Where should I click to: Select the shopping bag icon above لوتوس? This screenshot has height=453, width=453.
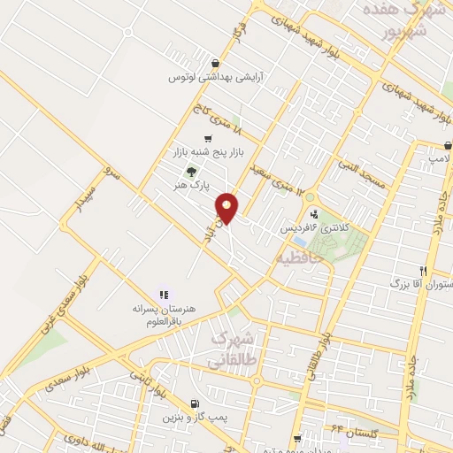[216, 63]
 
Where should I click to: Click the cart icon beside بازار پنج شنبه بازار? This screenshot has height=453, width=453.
[207, 138]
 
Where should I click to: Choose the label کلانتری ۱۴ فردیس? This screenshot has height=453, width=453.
[315, 227]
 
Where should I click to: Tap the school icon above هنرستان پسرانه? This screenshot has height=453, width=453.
[163, 294]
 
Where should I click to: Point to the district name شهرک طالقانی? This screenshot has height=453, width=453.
[232, 349]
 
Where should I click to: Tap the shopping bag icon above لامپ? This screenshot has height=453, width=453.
[449, 146]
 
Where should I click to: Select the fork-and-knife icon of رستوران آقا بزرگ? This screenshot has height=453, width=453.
[424, 271]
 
